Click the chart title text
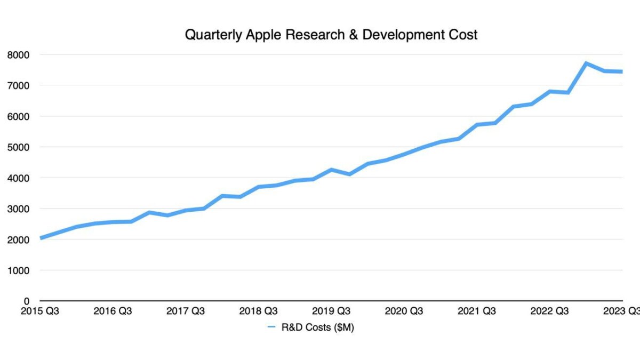(331, 35)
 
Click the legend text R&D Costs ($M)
(318, 327)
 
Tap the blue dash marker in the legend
(271, 327)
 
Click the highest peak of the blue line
(586, 63)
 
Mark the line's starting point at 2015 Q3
(41, 238)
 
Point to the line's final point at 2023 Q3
(621, 71)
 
